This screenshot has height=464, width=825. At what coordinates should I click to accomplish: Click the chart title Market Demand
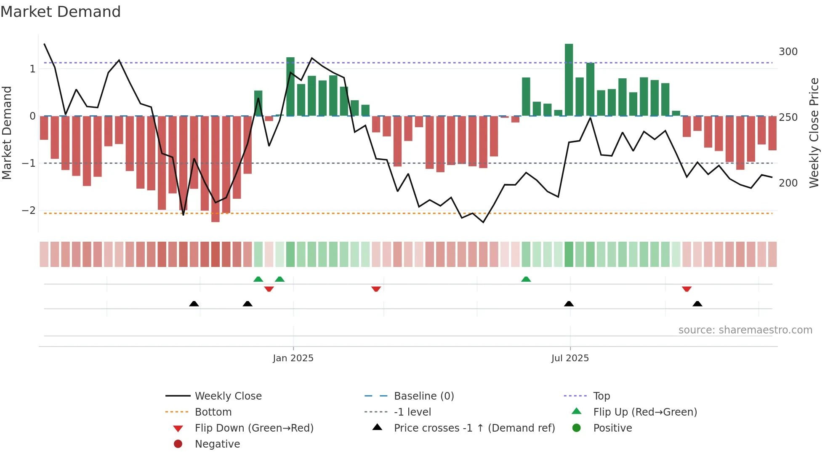(61, 12)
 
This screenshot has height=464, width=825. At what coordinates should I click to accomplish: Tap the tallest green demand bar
(569, 80)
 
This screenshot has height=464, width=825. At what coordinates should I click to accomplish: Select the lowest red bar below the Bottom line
(215, 168)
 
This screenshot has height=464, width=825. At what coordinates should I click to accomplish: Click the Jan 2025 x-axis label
(293, 358)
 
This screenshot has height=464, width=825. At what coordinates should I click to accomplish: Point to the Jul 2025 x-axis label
(570, 358)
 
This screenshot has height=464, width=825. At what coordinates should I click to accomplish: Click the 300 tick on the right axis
(788, 52)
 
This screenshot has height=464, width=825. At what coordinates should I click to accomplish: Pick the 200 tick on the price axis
(788, 183)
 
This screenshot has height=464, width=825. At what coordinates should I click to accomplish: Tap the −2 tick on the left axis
(29, 211)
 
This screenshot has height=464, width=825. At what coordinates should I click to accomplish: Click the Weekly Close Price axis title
(814, 133)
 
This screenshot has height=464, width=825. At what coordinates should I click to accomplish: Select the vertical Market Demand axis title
(7, 133)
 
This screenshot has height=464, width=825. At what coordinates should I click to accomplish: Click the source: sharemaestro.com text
(745, 330)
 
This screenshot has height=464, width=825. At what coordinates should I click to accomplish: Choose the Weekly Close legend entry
(228, 396)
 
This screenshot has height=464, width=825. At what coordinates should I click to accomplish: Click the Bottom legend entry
(213, 412)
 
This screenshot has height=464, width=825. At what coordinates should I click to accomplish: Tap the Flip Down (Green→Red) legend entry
(254, 428)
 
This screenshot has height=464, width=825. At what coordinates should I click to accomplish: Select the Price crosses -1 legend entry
(474, 428)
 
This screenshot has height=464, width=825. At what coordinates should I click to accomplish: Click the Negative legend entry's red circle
(178, 444)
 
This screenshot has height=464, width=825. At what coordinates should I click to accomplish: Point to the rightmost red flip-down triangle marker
(687, 289)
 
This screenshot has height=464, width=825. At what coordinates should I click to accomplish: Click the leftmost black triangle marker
(194, 304)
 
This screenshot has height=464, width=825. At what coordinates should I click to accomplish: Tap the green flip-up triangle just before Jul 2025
(526, 279)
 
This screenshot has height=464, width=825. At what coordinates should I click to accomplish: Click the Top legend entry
(601, 396)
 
